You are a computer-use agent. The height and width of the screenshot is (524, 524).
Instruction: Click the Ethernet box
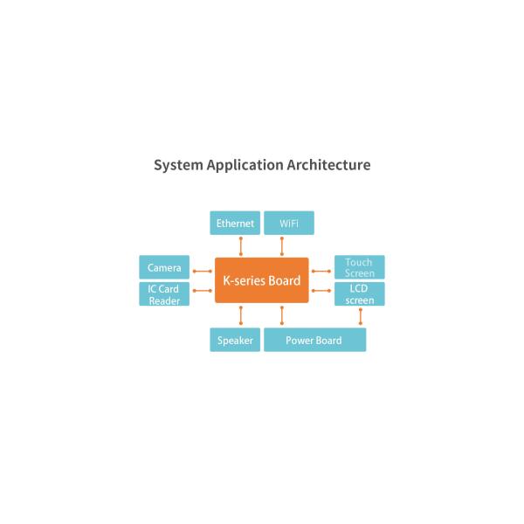pyautogui.click(x=235, y=223)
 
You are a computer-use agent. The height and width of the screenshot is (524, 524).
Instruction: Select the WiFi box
pyautogui.click(x=289, y=223)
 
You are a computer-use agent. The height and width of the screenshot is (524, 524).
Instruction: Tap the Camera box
pyautogui.click(x=164, y=267)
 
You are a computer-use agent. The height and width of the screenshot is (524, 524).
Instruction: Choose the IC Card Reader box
pyautogui.click(x=164, y=294)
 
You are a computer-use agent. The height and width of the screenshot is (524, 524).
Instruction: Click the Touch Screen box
pyautogui.click(x=359, y=267)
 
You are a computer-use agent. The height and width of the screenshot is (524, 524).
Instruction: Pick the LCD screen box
pyautogui.click(x=359, y=294)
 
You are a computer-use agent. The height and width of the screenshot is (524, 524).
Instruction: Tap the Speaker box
pyautogui.click(x=235, y=340)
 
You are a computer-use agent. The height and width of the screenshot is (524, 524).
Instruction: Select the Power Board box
pyautogui.click(x=314, y=340)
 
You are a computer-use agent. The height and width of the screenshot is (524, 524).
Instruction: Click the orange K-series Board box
pyautogui.click(x=262, y=280)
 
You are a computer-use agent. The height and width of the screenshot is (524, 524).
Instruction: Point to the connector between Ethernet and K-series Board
pyautogui.click(x=240, y=246)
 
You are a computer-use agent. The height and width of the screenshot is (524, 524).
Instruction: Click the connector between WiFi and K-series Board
pyautogui.click(x=281, y=246)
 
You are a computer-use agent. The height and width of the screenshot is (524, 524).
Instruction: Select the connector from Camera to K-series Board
pyautogui.click(x=203, y=271)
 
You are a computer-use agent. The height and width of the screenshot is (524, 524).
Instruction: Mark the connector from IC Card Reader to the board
pyautogui.click(x=203, y=290)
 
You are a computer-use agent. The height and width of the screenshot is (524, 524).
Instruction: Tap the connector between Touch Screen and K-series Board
pyautogui.click(x=321, y=271)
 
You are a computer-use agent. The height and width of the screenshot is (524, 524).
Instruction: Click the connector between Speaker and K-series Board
pyautogui.click(x=240, y=315)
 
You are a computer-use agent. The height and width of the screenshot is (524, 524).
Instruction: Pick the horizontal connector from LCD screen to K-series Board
pyautogui.click(x=321, y=290)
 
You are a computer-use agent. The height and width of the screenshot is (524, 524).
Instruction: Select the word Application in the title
pyautogui.click(x=245, y=165)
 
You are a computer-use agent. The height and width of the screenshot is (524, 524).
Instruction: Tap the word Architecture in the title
pyautogui.click(x=329, y=165)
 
